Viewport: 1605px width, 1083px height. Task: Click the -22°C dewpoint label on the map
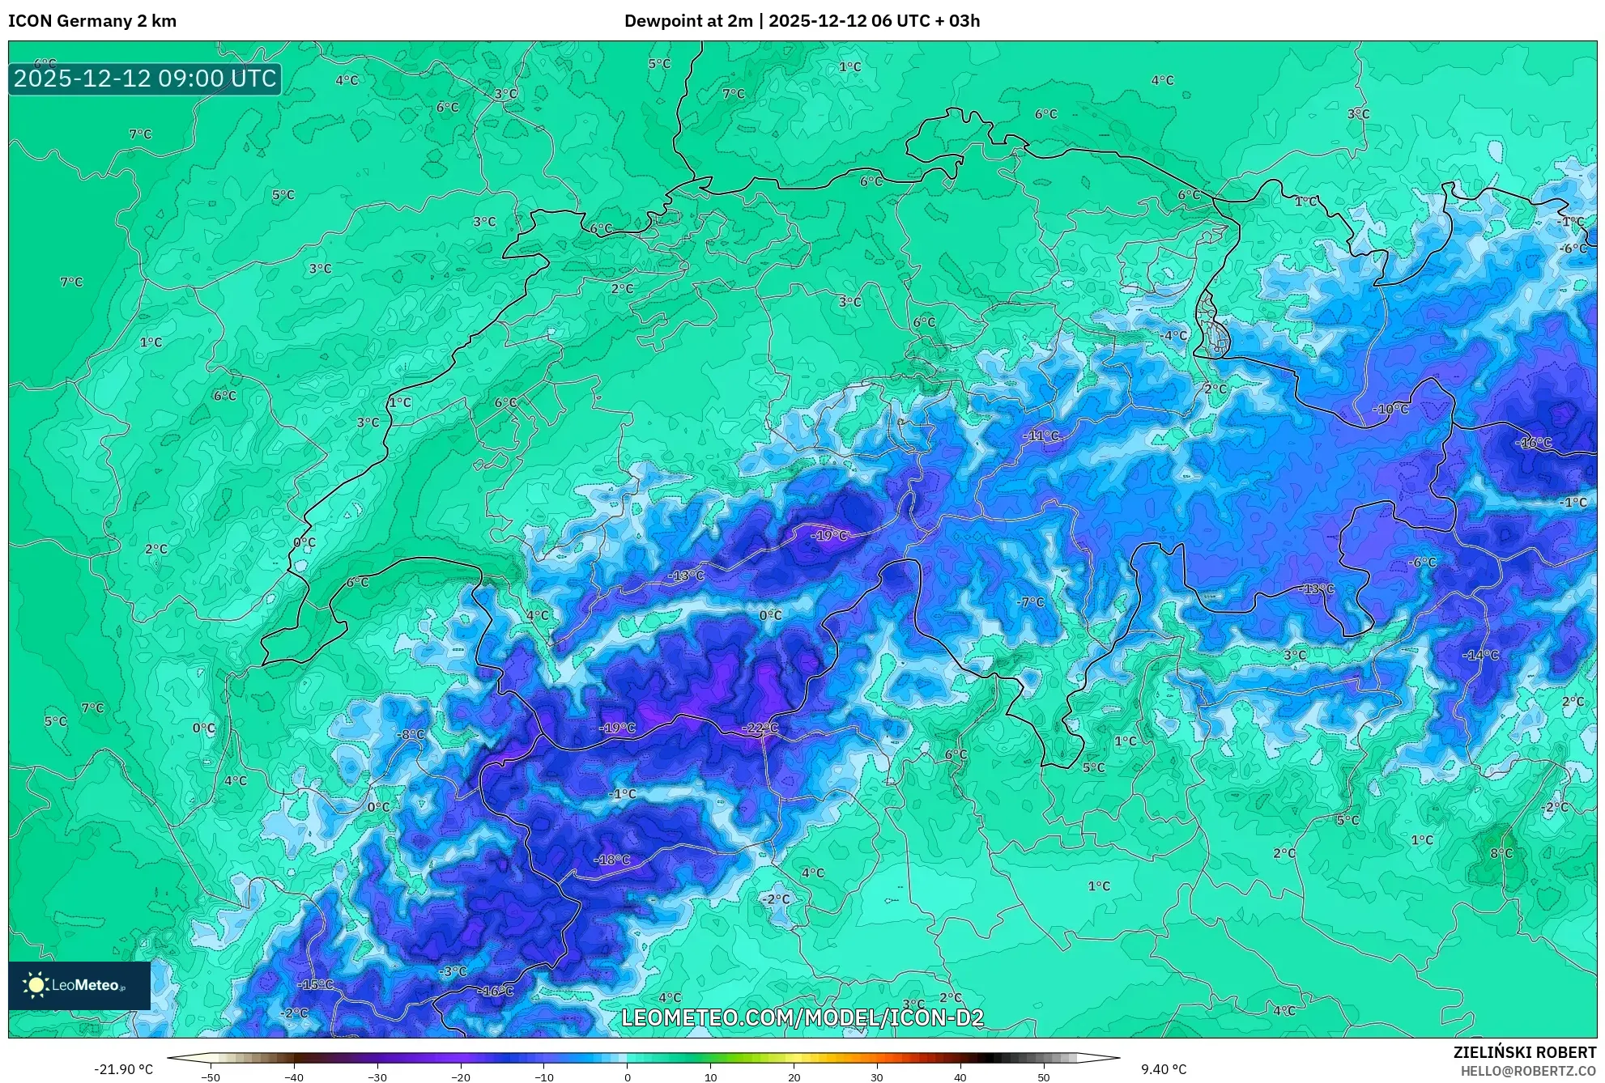tap(760, 728)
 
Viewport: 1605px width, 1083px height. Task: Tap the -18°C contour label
tap(611, 860)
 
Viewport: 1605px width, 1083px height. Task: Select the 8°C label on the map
tap(1501, 853)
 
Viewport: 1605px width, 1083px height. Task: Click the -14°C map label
tap(1481, 655)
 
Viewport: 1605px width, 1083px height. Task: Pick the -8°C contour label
tap(411, 735)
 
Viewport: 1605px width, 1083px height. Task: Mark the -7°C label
tap(1030, 602)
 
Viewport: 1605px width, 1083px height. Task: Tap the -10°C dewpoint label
tap(1390, 410)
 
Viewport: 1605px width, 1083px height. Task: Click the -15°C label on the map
tap(316, 985)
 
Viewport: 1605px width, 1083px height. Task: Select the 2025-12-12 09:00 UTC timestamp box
tap(145, 79)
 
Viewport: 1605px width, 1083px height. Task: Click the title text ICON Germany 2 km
tap(92, 21)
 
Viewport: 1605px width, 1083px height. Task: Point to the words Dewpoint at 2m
tap(688, 21)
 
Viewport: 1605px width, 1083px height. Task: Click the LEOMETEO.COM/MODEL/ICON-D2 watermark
tap(802, 1017)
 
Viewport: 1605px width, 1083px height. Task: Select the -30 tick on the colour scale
tap(377, 1077)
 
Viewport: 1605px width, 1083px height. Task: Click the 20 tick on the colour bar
tap(794, 1077)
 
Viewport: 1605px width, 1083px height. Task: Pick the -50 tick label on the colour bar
tap(211, 1077)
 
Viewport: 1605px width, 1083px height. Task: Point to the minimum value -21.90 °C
tap(123, 1069)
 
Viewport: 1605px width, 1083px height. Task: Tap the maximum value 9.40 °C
tap(1164, 1069)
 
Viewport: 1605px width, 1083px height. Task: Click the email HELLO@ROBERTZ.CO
tap(1528, 1071)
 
